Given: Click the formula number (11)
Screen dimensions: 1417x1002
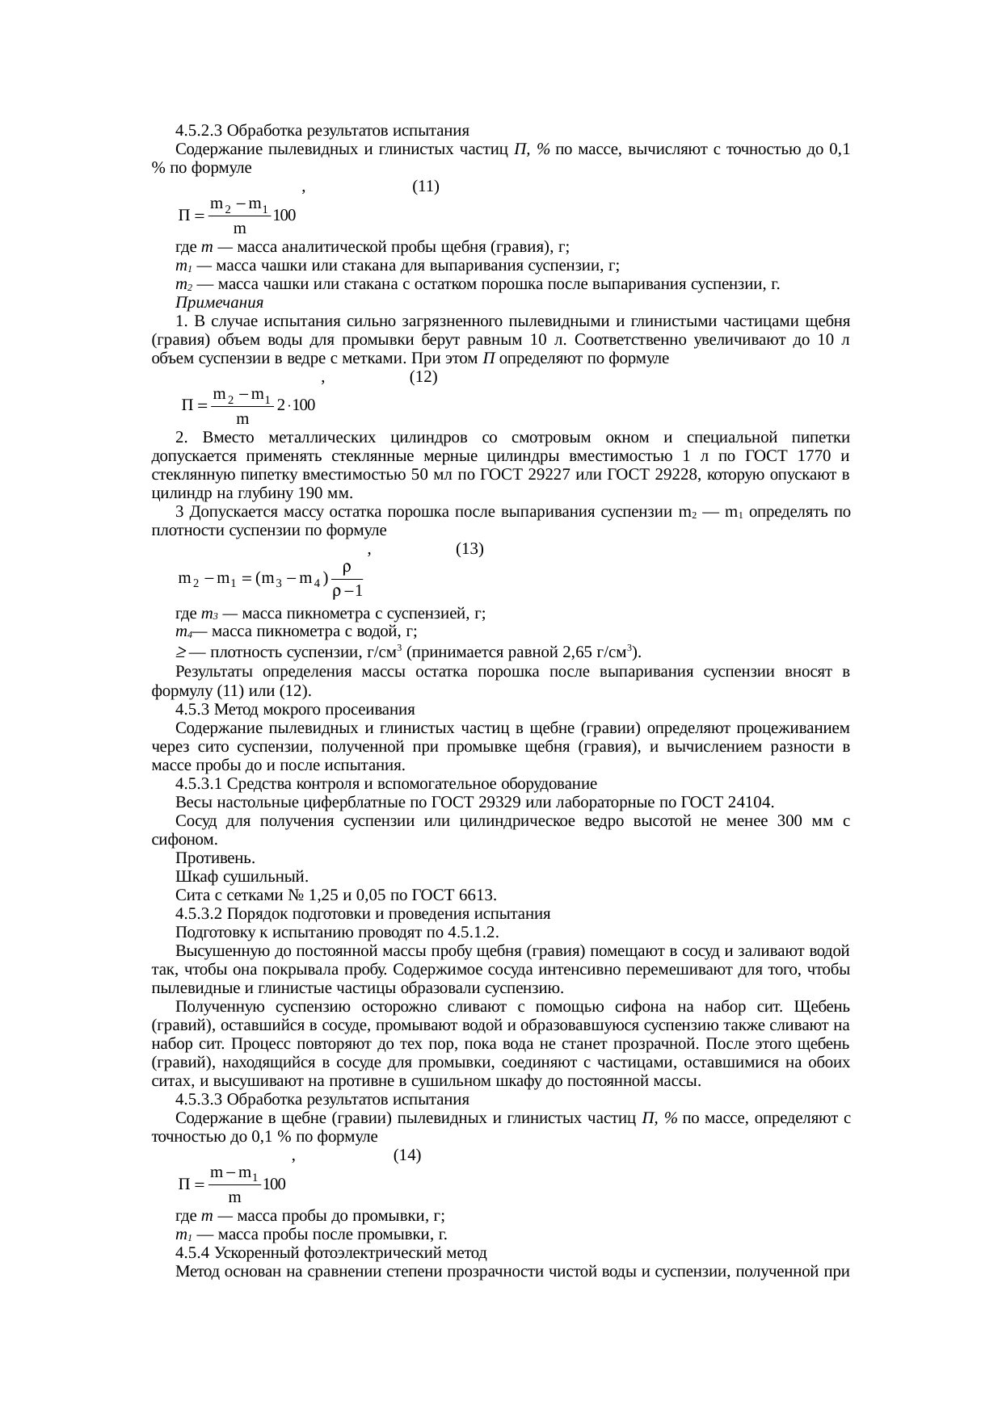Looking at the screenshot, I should click(x=425, y=187).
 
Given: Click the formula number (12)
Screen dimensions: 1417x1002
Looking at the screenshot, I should click(x=423, y=377).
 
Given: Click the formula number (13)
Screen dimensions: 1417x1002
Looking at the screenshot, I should click(x=469, y=549).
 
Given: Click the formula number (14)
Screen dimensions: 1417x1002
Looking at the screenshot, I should click(x=406, y=1155).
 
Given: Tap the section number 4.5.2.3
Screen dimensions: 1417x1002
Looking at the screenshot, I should click(x=200, y=131).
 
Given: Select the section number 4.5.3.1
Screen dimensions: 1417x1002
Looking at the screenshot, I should click(x=200, y=784).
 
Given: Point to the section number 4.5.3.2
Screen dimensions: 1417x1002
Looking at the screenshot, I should click(x=200, y=914).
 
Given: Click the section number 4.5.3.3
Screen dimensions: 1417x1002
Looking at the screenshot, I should click(x=200, y=1100).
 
